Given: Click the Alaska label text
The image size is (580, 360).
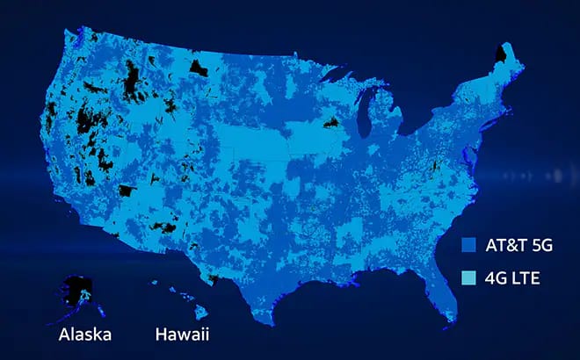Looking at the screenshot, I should pos(85,335).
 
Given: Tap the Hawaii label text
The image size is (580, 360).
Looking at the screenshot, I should pos(183,335).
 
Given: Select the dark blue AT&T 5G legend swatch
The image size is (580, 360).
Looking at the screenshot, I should pos(468,247).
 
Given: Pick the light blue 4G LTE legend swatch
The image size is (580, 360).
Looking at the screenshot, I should pos(468,277).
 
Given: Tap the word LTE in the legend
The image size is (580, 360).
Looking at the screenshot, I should pos(525,277).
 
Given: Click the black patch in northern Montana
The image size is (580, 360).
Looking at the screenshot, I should pos(199,65).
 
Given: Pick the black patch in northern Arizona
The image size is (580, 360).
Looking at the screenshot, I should pos(127,190).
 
